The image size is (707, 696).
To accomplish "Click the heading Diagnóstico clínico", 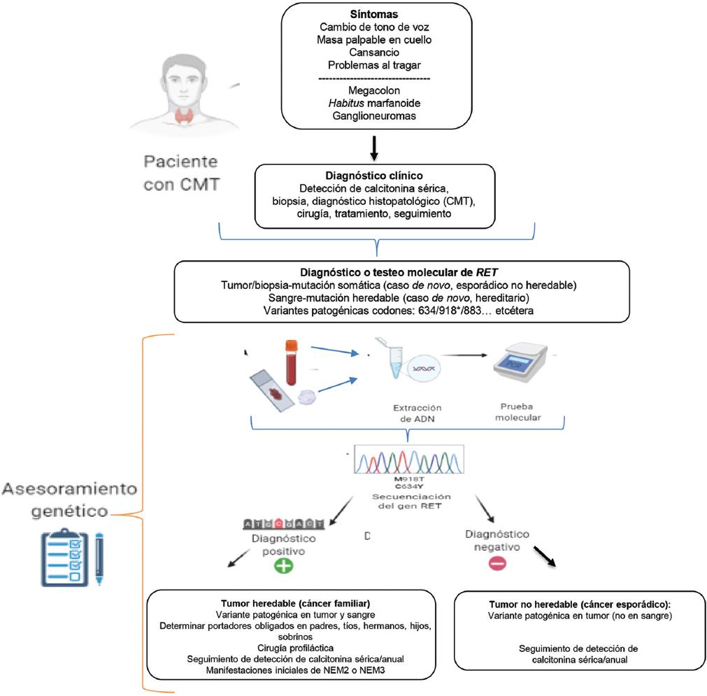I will [x=376, y=175].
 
